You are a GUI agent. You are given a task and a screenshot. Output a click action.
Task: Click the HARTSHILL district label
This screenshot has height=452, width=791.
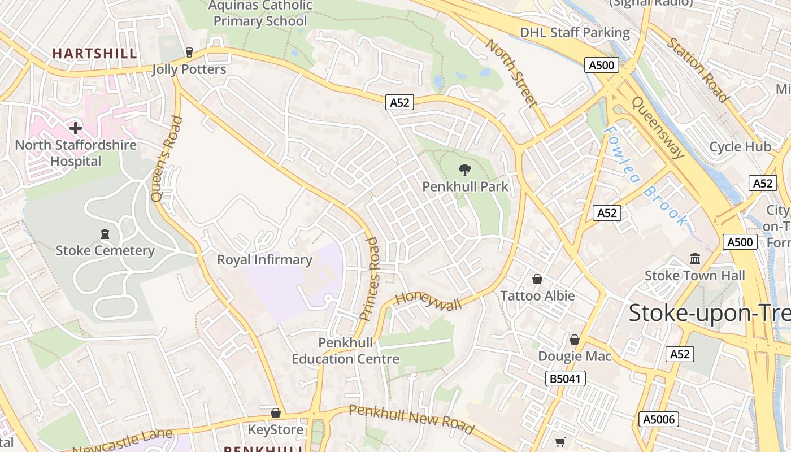pos(94,54)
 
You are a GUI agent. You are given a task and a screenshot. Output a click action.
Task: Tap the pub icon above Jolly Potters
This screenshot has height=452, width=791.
pos(189,53)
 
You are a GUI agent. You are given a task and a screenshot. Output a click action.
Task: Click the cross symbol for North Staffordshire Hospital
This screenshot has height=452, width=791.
pos(76,128)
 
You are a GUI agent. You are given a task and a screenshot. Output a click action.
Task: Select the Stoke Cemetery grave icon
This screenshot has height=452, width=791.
pos(105,234)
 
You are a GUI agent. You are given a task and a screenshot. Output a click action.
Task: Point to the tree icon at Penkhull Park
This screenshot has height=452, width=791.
pos(464,169)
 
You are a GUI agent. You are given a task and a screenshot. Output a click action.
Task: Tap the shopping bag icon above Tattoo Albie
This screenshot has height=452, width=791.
pos(537,279)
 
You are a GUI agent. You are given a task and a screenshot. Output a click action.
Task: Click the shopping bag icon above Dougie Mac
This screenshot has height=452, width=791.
pos(575,340)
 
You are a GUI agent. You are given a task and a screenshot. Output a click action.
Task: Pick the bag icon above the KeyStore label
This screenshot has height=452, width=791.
pos(276,413)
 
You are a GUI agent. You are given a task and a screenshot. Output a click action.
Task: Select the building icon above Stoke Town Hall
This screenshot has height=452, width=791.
pos(695,259)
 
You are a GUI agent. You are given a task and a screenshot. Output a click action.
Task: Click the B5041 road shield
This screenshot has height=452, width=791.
pos(566,379)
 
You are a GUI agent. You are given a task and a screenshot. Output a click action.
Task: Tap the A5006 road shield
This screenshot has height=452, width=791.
pos(658,419)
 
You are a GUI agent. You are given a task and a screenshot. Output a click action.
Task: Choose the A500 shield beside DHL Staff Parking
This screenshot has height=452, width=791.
pos(601,65)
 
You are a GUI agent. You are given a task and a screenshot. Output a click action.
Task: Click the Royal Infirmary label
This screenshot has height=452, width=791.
pos(264,260)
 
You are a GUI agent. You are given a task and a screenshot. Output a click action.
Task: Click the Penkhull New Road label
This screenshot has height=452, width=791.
pos(411,419)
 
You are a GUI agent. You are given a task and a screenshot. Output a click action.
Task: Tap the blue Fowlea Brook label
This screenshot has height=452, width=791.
pos(646,176)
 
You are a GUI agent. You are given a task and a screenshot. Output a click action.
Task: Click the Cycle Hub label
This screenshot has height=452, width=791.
pos(740,147)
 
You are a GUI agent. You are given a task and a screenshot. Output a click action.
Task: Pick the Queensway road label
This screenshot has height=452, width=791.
pos(658,128)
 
